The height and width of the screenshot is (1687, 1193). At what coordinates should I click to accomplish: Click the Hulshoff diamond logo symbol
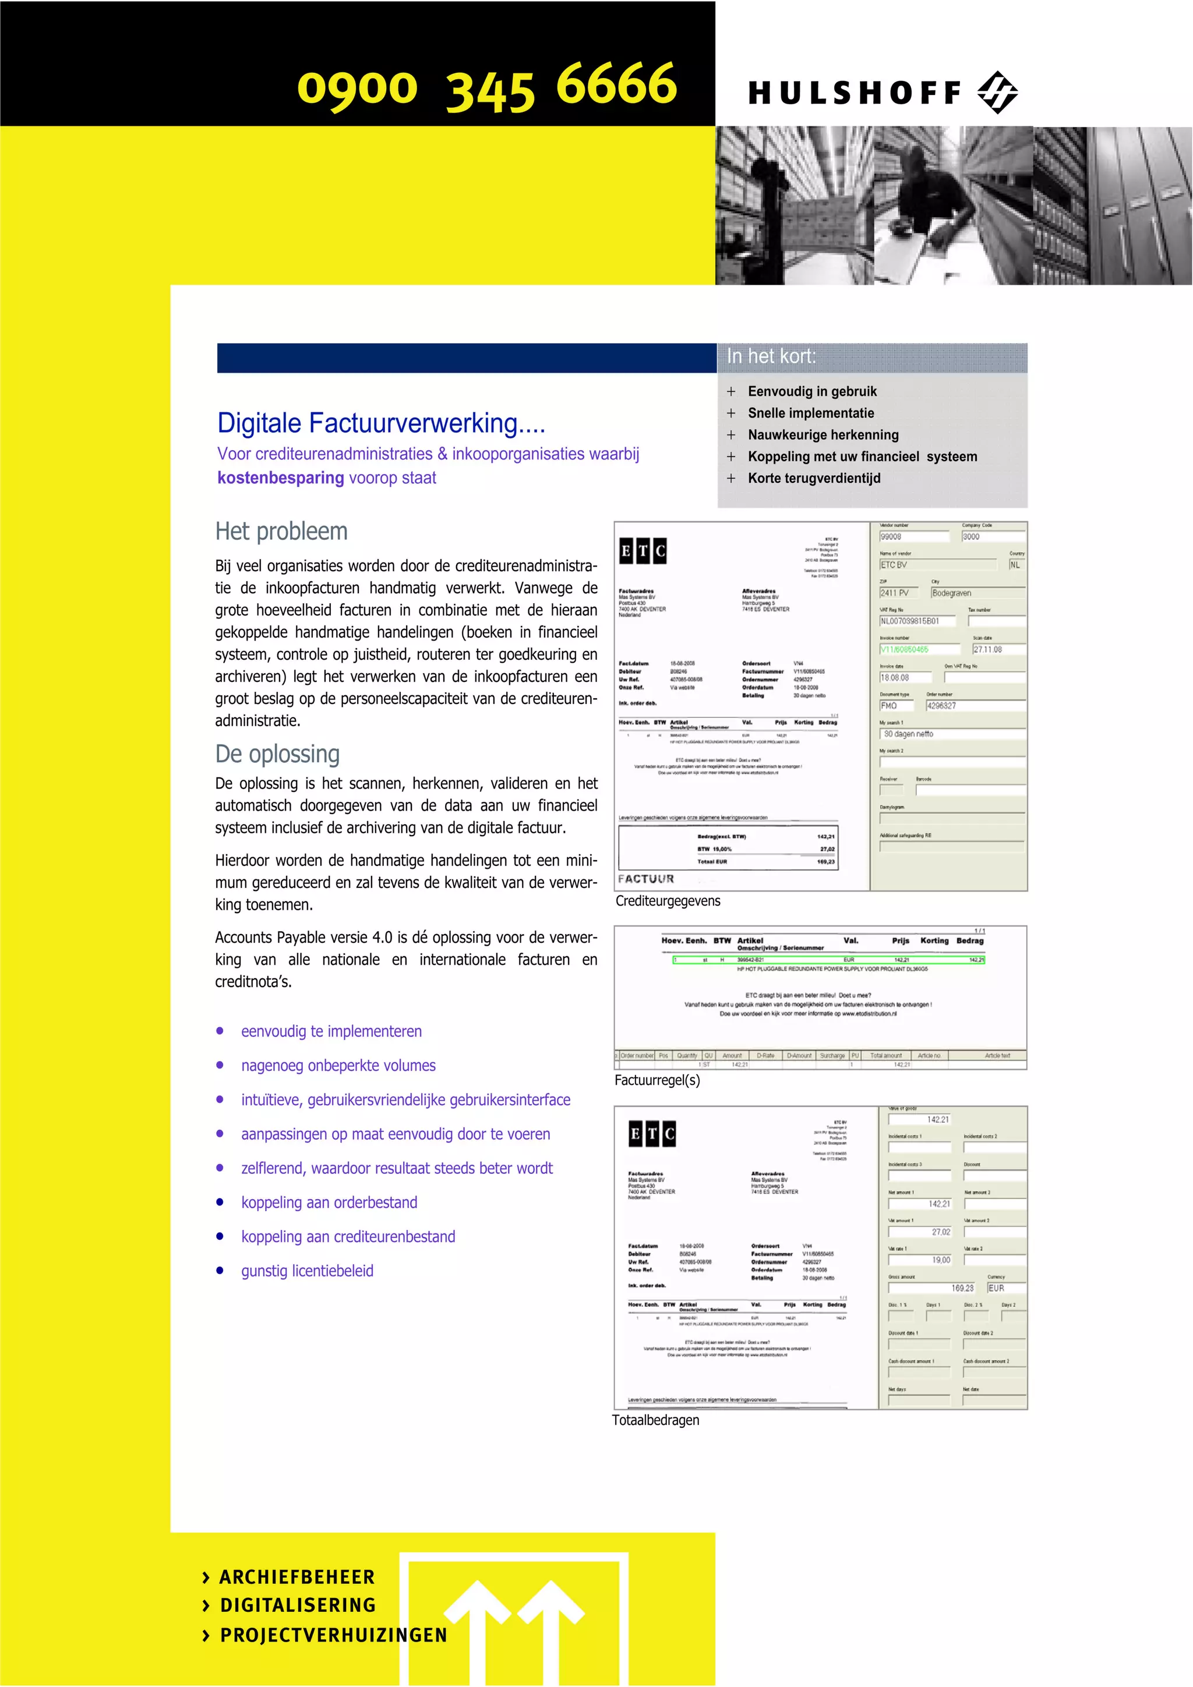pos(997,93)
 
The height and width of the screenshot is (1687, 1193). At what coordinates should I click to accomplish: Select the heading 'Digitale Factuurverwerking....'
pos(381,423)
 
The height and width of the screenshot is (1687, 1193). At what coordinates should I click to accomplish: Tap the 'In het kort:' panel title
pos(771,356)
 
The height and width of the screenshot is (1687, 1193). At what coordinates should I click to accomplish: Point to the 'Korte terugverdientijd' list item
pos(814,478)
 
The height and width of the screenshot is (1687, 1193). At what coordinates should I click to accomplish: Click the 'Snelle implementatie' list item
pos(811,413)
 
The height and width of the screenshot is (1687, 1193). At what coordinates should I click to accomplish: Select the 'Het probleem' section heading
pos(281,531)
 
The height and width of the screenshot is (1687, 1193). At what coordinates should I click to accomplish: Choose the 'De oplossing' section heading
pos(277,754)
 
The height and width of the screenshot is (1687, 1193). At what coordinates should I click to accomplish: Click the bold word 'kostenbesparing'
pos(281,478)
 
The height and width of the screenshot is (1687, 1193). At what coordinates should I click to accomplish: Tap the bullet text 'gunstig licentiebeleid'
pos(307,1271)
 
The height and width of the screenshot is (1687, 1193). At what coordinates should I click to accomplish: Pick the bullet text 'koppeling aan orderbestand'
pos(329,1202)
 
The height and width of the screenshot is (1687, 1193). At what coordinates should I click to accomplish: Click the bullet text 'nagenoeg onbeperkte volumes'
pos(338,1066)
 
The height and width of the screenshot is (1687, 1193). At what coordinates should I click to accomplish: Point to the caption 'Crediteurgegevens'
pos(668,901)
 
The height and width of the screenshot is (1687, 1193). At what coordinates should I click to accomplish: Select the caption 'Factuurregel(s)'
pos(657,1080)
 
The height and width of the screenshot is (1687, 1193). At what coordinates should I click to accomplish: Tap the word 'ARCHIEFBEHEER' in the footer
pos(297,1577)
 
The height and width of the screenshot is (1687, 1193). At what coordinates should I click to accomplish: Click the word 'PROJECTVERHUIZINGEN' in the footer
pos(334,1636)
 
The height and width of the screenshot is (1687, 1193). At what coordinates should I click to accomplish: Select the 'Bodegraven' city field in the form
pos(977,593)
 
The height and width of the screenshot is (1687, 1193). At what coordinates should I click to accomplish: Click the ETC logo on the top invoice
pos(643,551)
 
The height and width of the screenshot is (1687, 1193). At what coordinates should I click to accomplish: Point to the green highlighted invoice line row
pos(828,960)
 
